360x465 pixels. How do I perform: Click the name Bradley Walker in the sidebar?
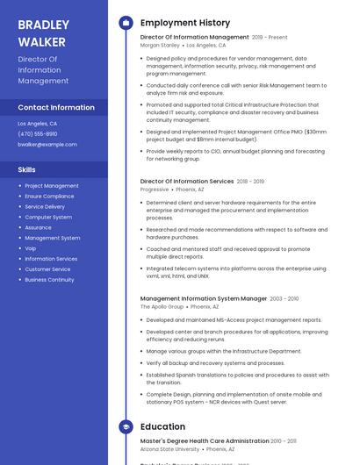point(43,32)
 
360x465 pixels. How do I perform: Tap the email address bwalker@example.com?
point(47,144)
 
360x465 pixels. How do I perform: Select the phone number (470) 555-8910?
point(38,134)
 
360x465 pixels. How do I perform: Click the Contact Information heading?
point(56,107)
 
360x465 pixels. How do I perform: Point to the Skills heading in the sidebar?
point(26,169)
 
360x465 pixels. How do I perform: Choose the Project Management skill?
point(52,186)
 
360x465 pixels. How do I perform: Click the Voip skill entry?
point(31,248)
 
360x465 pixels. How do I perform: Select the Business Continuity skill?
point(49,280)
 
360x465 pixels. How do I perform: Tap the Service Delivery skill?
point(45,207)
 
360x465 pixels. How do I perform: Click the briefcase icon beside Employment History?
point(126,23)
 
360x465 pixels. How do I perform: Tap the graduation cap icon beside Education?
point(126,426)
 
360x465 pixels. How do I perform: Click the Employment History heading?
point(185,23)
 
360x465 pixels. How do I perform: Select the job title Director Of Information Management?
point(194,38)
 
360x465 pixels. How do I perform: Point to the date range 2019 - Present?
point(270,38)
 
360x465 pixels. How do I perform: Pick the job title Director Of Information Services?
point(187,181)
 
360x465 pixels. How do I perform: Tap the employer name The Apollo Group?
point(162,307)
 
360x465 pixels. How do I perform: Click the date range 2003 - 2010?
point(284,298)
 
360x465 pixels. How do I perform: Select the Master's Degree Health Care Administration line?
point(205,440)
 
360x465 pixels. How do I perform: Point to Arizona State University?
point(169,448)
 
